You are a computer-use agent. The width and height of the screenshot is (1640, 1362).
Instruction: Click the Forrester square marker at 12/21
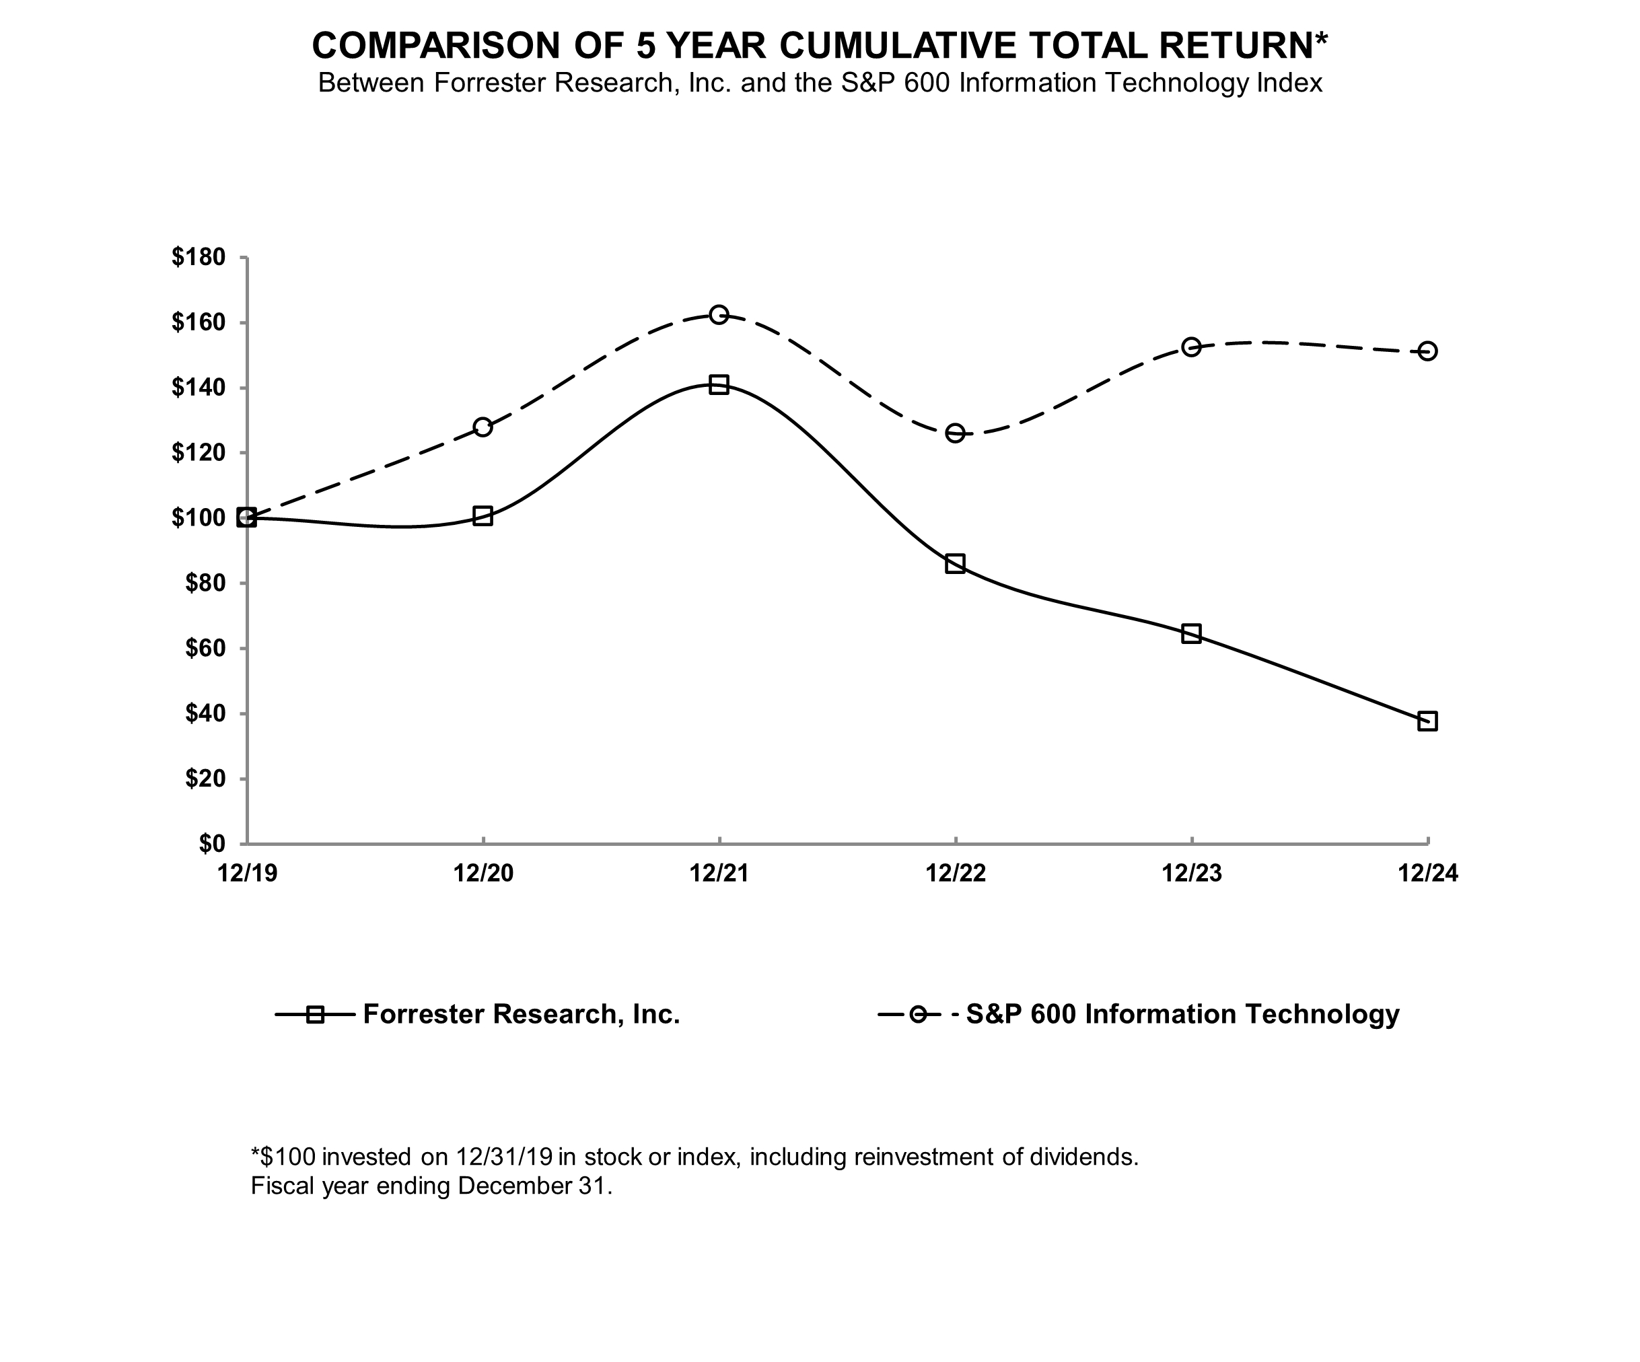(719, 384)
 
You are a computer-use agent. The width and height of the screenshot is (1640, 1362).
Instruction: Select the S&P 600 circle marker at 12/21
(719, 315)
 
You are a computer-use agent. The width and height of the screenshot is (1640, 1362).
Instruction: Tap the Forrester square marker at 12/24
(1427, 721)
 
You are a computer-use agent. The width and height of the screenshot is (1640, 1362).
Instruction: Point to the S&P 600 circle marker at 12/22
(955, 433)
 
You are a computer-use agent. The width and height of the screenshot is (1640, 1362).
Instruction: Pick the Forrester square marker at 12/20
(483, 516)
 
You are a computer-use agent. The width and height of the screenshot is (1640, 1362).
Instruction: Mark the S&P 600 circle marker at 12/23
(1191, 347)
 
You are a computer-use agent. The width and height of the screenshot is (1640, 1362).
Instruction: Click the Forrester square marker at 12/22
(955, 564)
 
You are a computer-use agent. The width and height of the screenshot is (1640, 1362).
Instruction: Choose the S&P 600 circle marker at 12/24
(1427, 351)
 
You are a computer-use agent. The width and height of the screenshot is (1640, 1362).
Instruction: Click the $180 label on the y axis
(199, 257)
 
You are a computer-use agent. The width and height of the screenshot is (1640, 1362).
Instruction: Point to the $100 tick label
(199, 517)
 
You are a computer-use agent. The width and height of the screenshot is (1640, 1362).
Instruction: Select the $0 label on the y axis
(211, 843)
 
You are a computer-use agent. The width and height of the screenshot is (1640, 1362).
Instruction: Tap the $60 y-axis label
(205, 648)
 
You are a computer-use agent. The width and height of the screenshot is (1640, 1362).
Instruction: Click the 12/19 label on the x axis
(248, 873)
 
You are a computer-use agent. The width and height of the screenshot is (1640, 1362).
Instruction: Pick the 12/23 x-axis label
(1192, 873)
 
